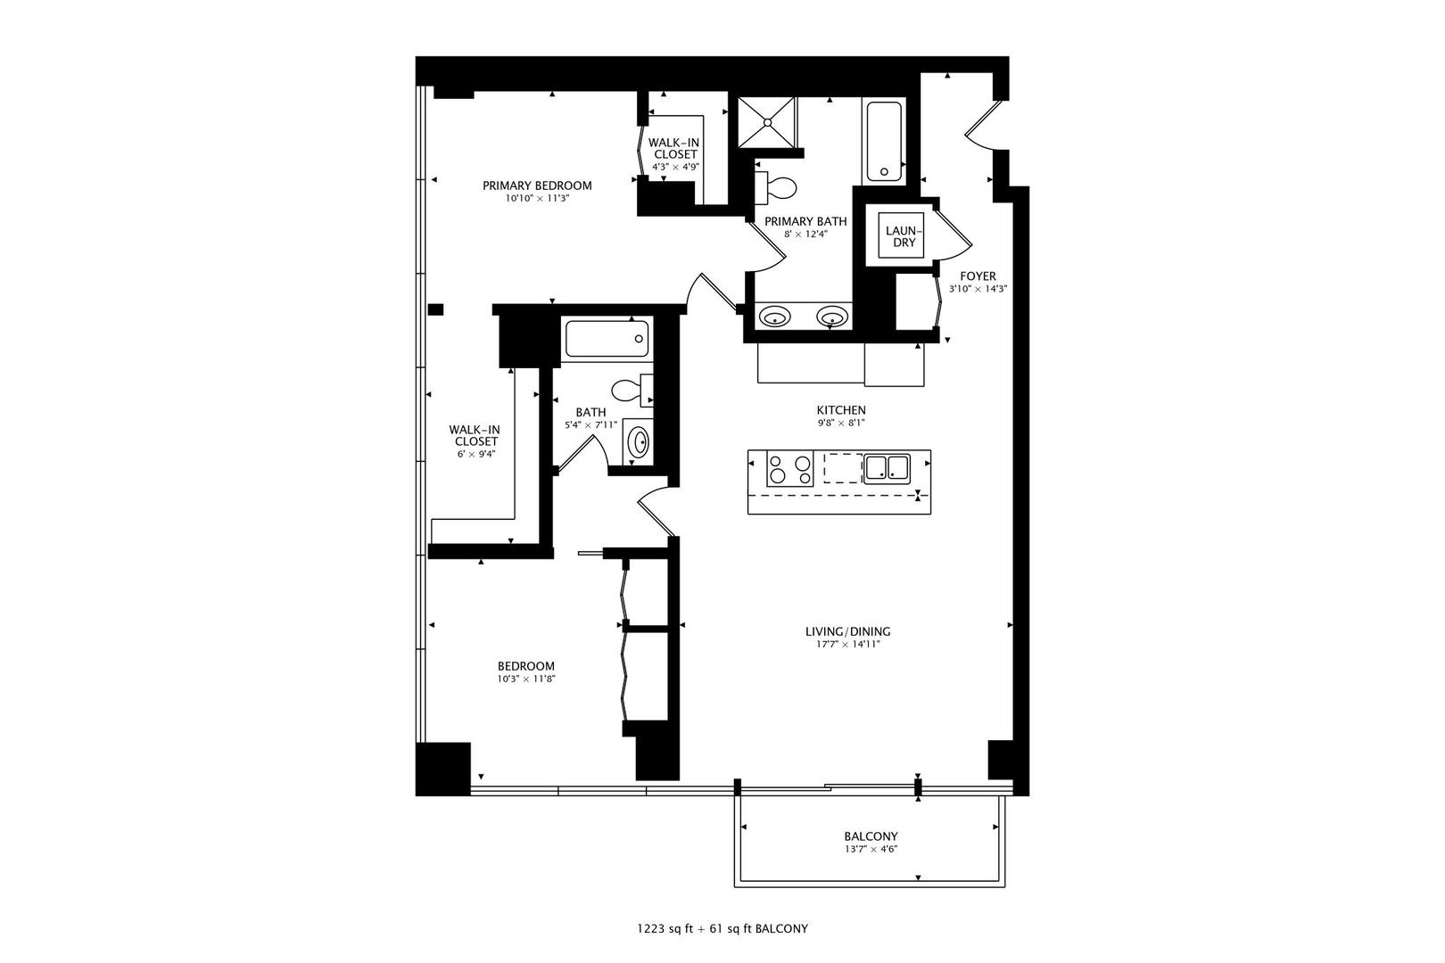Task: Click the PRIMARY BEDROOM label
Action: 537,185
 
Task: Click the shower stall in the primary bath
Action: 767,122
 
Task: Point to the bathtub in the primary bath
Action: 884,141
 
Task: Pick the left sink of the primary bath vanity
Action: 774,317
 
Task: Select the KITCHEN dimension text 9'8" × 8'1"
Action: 841,424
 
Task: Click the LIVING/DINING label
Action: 848,631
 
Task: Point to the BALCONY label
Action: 871,836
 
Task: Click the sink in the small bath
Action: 639,442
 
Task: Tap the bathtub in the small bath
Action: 607,339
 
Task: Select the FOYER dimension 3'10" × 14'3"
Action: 978,289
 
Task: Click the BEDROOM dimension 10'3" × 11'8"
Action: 525,679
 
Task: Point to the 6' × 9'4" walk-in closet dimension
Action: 475,454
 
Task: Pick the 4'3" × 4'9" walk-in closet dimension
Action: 675,167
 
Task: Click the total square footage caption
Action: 722,929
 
